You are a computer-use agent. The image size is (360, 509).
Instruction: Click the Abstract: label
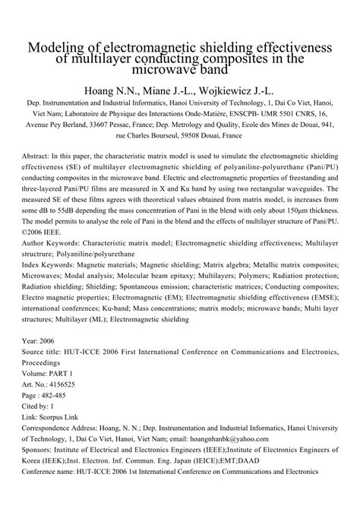(42, 163)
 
